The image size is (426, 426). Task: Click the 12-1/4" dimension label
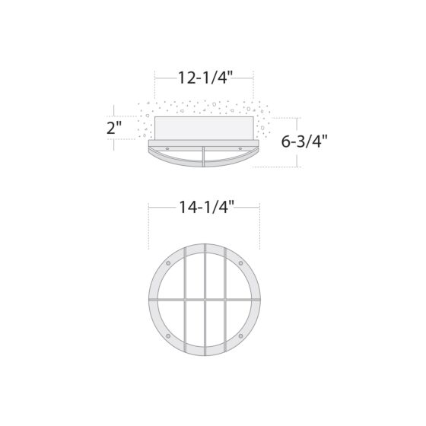click(205, 77)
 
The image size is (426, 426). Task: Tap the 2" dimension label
click(114, 127)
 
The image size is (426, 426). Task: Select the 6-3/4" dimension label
click(304, 141)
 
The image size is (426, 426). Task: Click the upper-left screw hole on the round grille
click(168, 264)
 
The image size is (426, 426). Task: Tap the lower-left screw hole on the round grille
click(168, 336)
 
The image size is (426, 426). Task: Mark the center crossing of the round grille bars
click(205, 300)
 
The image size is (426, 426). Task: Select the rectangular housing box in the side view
click(204, 128)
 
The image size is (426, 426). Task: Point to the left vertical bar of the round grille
click(185, 300)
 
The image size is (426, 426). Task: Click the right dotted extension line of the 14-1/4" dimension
click(260, 228)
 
